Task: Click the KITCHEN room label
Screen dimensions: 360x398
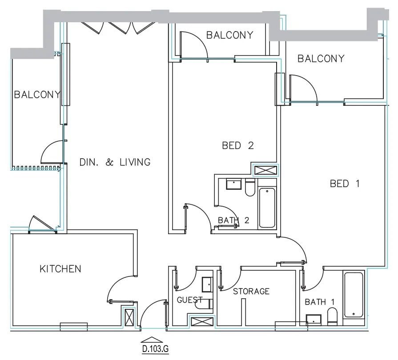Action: click(x=60, y=269)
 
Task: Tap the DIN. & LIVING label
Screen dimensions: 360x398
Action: click(x=115, y=162)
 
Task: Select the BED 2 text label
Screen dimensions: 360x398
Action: click(x=238, y=146)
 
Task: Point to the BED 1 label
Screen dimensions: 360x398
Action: click(x=345, y=184)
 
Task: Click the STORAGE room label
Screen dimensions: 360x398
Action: click(x=251, y=292)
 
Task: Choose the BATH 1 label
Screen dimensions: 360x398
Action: click(x=320, y=302)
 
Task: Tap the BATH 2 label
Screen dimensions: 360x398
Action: click(x=234, y=220)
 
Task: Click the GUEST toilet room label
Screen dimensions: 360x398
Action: click(x=190, y=300)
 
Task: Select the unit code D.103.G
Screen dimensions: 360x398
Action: click(x=155, y=350)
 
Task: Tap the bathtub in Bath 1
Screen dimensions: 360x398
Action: click(x=354, y=295)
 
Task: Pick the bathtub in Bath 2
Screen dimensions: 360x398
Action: click(x=267, y=208)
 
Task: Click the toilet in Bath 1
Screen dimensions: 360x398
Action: click(x=332, y=316)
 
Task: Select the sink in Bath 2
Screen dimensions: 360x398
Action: click(x=233, y=184)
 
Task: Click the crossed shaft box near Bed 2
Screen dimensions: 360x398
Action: click(x=265, y=170)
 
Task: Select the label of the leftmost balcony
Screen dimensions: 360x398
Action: click(x=37, y=95)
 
